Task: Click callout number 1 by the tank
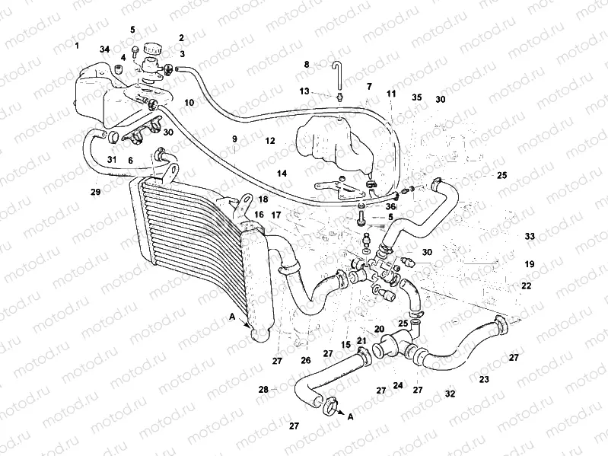[77, 46]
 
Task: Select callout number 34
[105, 50]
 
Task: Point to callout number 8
[307, 65]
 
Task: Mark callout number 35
[416, 97]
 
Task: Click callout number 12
[270, 141]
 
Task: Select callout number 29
[95, 192]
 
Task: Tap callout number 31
[111, 160]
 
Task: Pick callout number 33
[530, 237]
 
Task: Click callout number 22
[526, 286]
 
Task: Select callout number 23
[484, 378]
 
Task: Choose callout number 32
[450, 394]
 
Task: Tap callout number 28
[263, 389]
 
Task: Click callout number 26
[306, 360]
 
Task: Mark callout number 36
[391, 206]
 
